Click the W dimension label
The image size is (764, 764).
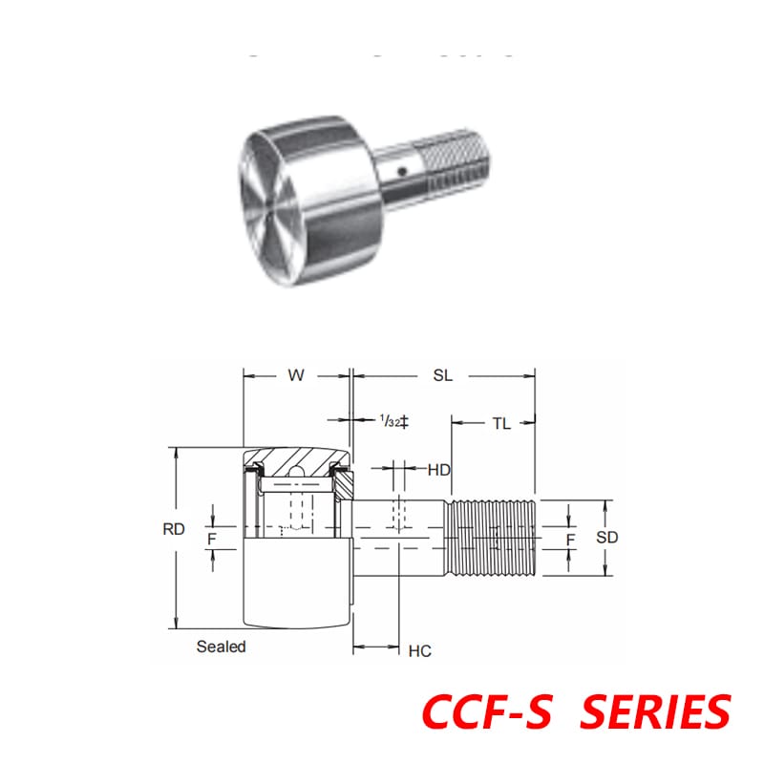coord(296,375)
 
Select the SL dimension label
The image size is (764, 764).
coord(442,375)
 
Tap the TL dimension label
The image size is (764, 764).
coord(501,424)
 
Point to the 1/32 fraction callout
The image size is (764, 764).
coord(389,421)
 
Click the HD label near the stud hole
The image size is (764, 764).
coord(438,470)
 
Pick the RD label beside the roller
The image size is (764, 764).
coord(174,530)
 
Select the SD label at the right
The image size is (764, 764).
coord(607,538)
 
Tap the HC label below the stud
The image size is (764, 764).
coord(419,651)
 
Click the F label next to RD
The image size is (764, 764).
coord(212,540)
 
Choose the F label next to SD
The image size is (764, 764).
coord(570,540)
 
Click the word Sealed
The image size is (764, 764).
coord(222,647)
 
